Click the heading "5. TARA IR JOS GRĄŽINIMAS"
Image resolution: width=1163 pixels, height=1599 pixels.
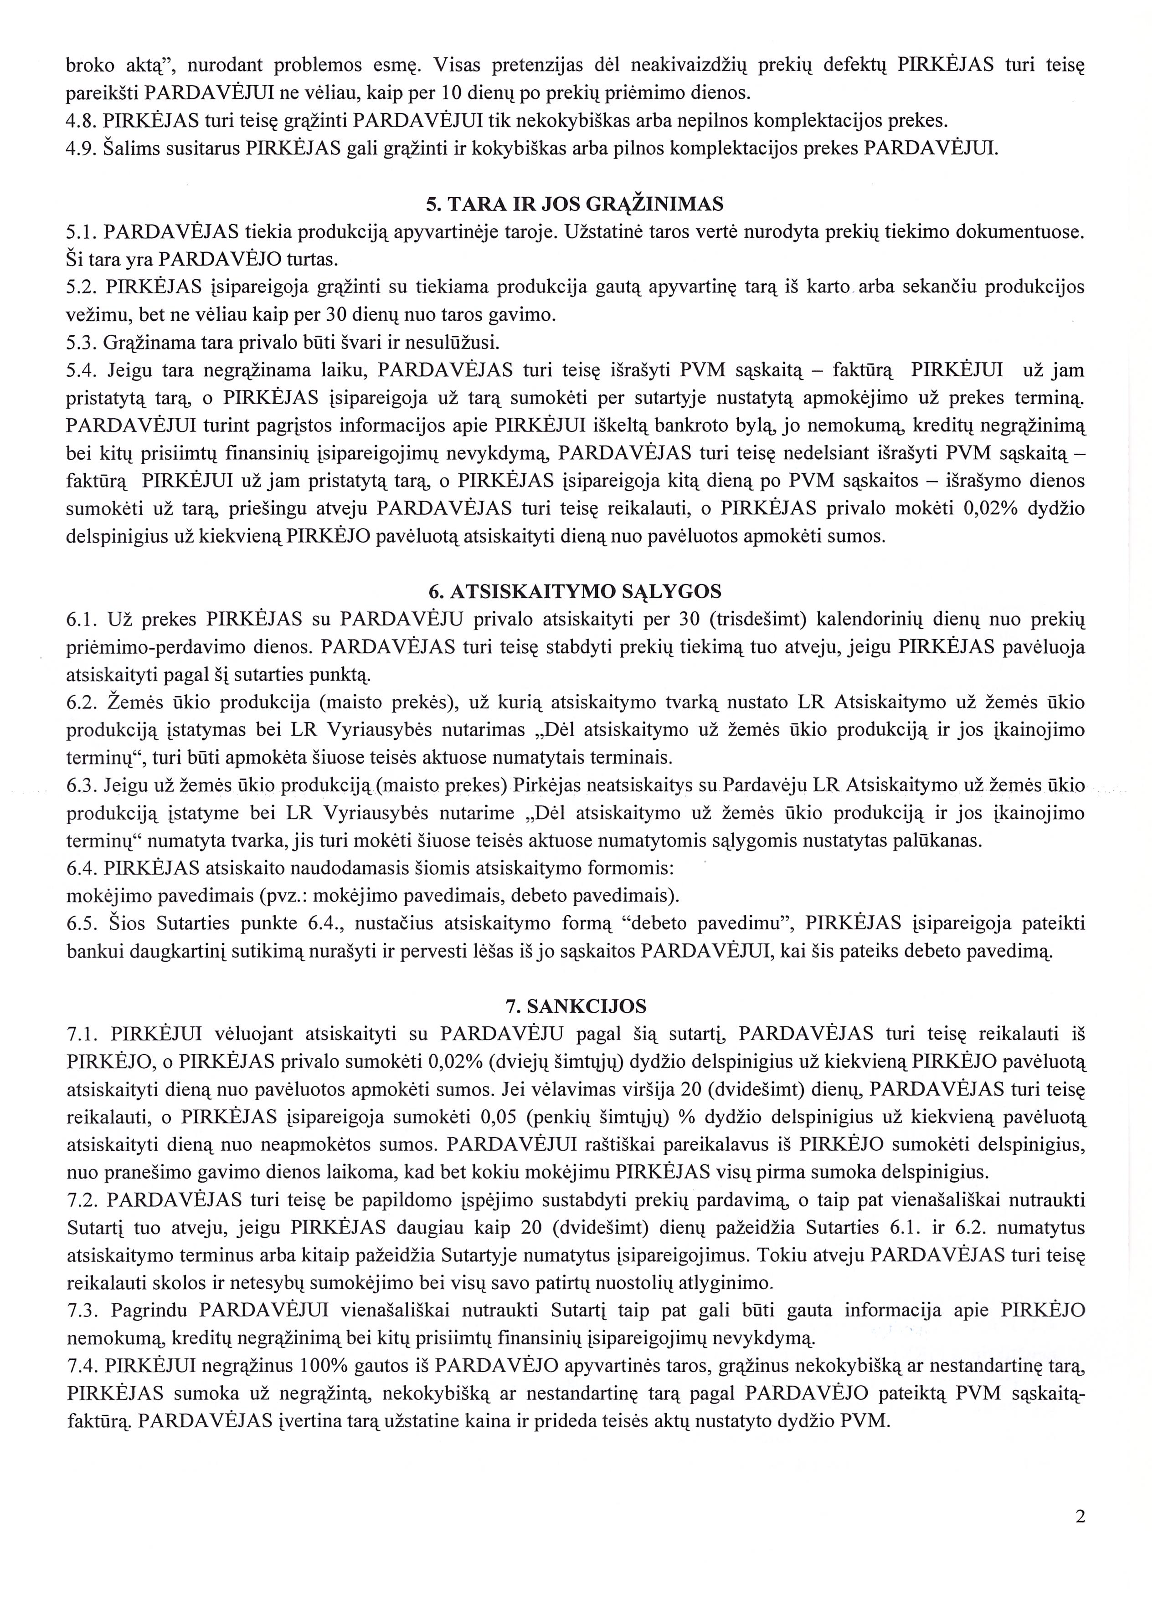tap(575, 205)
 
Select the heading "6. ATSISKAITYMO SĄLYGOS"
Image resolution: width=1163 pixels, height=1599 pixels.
tap(575, 591)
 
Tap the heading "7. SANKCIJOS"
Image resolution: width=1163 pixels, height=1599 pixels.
tap(575, 1005)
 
